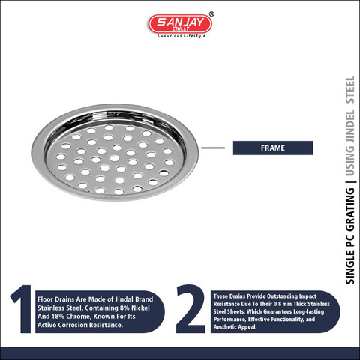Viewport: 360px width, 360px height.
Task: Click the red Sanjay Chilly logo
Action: (180, 24)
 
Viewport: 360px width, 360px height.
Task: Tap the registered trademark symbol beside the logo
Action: (211, 14)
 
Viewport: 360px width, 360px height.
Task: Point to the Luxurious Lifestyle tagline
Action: (181, 36)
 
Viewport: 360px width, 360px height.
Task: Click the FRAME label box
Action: (273, 148)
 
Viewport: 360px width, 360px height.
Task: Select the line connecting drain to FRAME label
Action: (213, 148)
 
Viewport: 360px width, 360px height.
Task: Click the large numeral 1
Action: (22, 309)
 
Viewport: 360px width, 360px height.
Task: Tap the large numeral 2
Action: (190, 309)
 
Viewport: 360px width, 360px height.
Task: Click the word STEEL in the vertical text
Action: (350, 89)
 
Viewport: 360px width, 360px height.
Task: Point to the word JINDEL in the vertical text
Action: (350, 126)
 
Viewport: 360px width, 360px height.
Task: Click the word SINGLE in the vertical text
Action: (350, 266)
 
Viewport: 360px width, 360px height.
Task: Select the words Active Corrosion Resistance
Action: (80, 325)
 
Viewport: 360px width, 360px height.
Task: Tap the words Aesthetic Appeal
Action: (235, 327)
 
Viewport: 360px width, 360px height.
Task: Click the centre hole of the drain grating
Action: (115, 158)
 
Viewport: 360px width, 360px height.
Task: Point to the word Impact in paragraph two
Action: (307, 296)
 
